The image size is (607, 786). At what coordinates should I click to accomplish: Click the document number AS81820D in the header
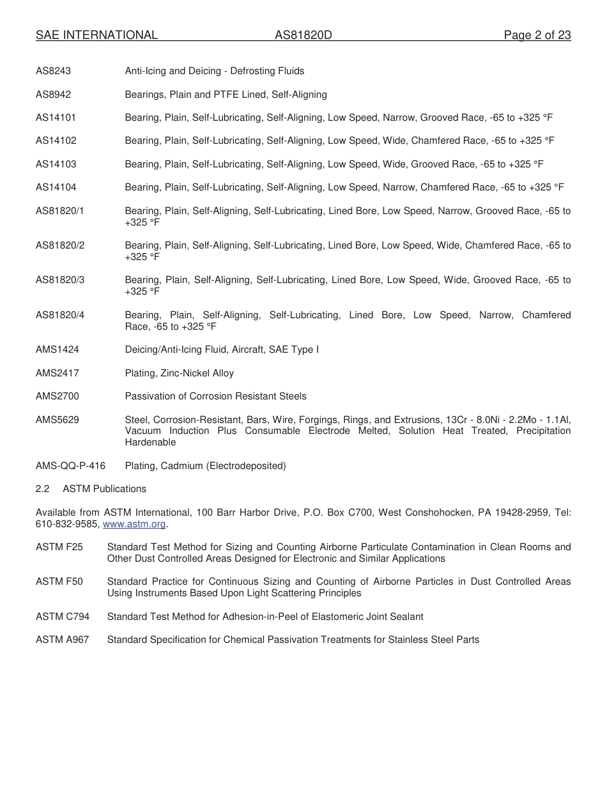click(x=303, y=35)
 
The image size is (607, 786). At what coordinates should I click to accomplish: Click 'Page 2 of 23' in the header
click(x=537, y=35)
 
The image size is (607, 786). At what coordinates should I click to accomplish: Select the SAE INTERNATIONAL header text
click(x=96, y=35)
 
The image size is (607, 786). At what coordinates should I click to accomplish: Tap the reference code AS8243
click(x=54, y=71)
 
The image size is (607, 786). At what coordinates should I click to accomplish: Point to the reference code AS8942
click(x=54, y=95)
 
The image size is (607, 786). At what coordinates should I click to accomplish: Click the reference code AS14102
click(x=56, y=141)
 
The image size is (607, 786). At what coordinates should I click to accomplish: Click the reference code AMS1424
click(x=58, y=350)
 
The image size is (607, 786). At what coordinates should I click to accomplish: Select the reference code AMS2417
click(x=58, y=373)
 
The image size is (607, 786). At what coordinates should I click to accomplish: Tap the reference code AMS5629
click(x=58, y=420)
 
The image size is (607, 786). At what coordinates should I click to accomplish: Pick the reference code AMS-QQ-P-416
click(x=70, y=466)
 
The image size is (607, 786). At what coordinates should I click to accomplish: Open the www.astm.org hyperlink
click(x=134, y=524)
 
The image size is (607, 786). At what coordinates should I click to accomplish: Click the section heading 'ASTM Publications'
click(x=105, y=489)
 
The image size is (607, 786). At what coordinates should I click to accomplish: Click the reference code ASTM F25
click(x=59, y=547)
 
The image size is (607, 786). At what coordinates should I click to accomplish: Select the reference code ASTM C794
click(x=63, y=617)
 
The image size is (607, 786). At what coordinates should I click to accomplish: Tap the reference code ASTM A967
click(x=63, y=640)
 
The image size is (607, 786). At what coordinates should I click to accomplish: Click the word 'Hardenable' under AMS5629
click(x=150, y=442)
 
